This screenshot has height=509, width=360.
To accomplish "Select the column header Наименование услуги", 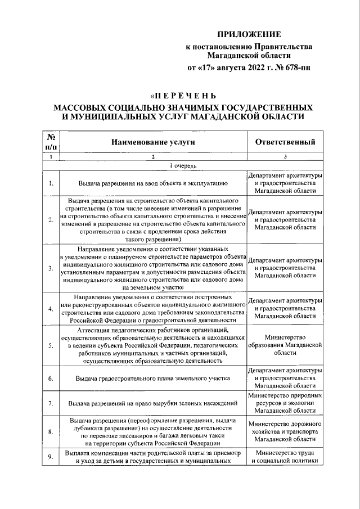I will tap(153, 142).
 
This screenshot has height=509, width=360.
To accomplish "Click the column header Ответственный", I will tap(285, 142).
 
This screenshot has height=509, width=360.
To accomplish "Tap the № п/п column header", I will tap(51, 142).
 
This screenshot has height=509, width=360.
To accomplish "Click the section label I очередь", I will tap(183, 166).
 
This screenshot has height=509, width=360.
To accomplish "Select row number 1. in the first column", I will tap(51, 183).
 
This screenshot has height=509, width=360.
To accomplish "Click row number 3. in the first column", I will tap(51, 267).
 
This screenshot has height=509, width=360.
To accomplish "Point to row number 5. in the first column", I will tap(51, 345).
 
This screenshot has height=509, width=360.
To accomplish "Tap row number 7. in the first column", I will tap(51, 404).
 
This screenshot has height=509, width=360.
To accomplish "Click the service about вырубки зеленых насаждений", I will tap(153, 404).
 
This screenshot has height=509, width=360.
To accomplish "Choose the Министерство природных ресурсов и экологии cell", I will tap(285, 404).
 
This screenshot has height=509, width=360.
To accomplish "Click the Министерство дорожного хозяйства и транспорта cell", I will tap(285, 431).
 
